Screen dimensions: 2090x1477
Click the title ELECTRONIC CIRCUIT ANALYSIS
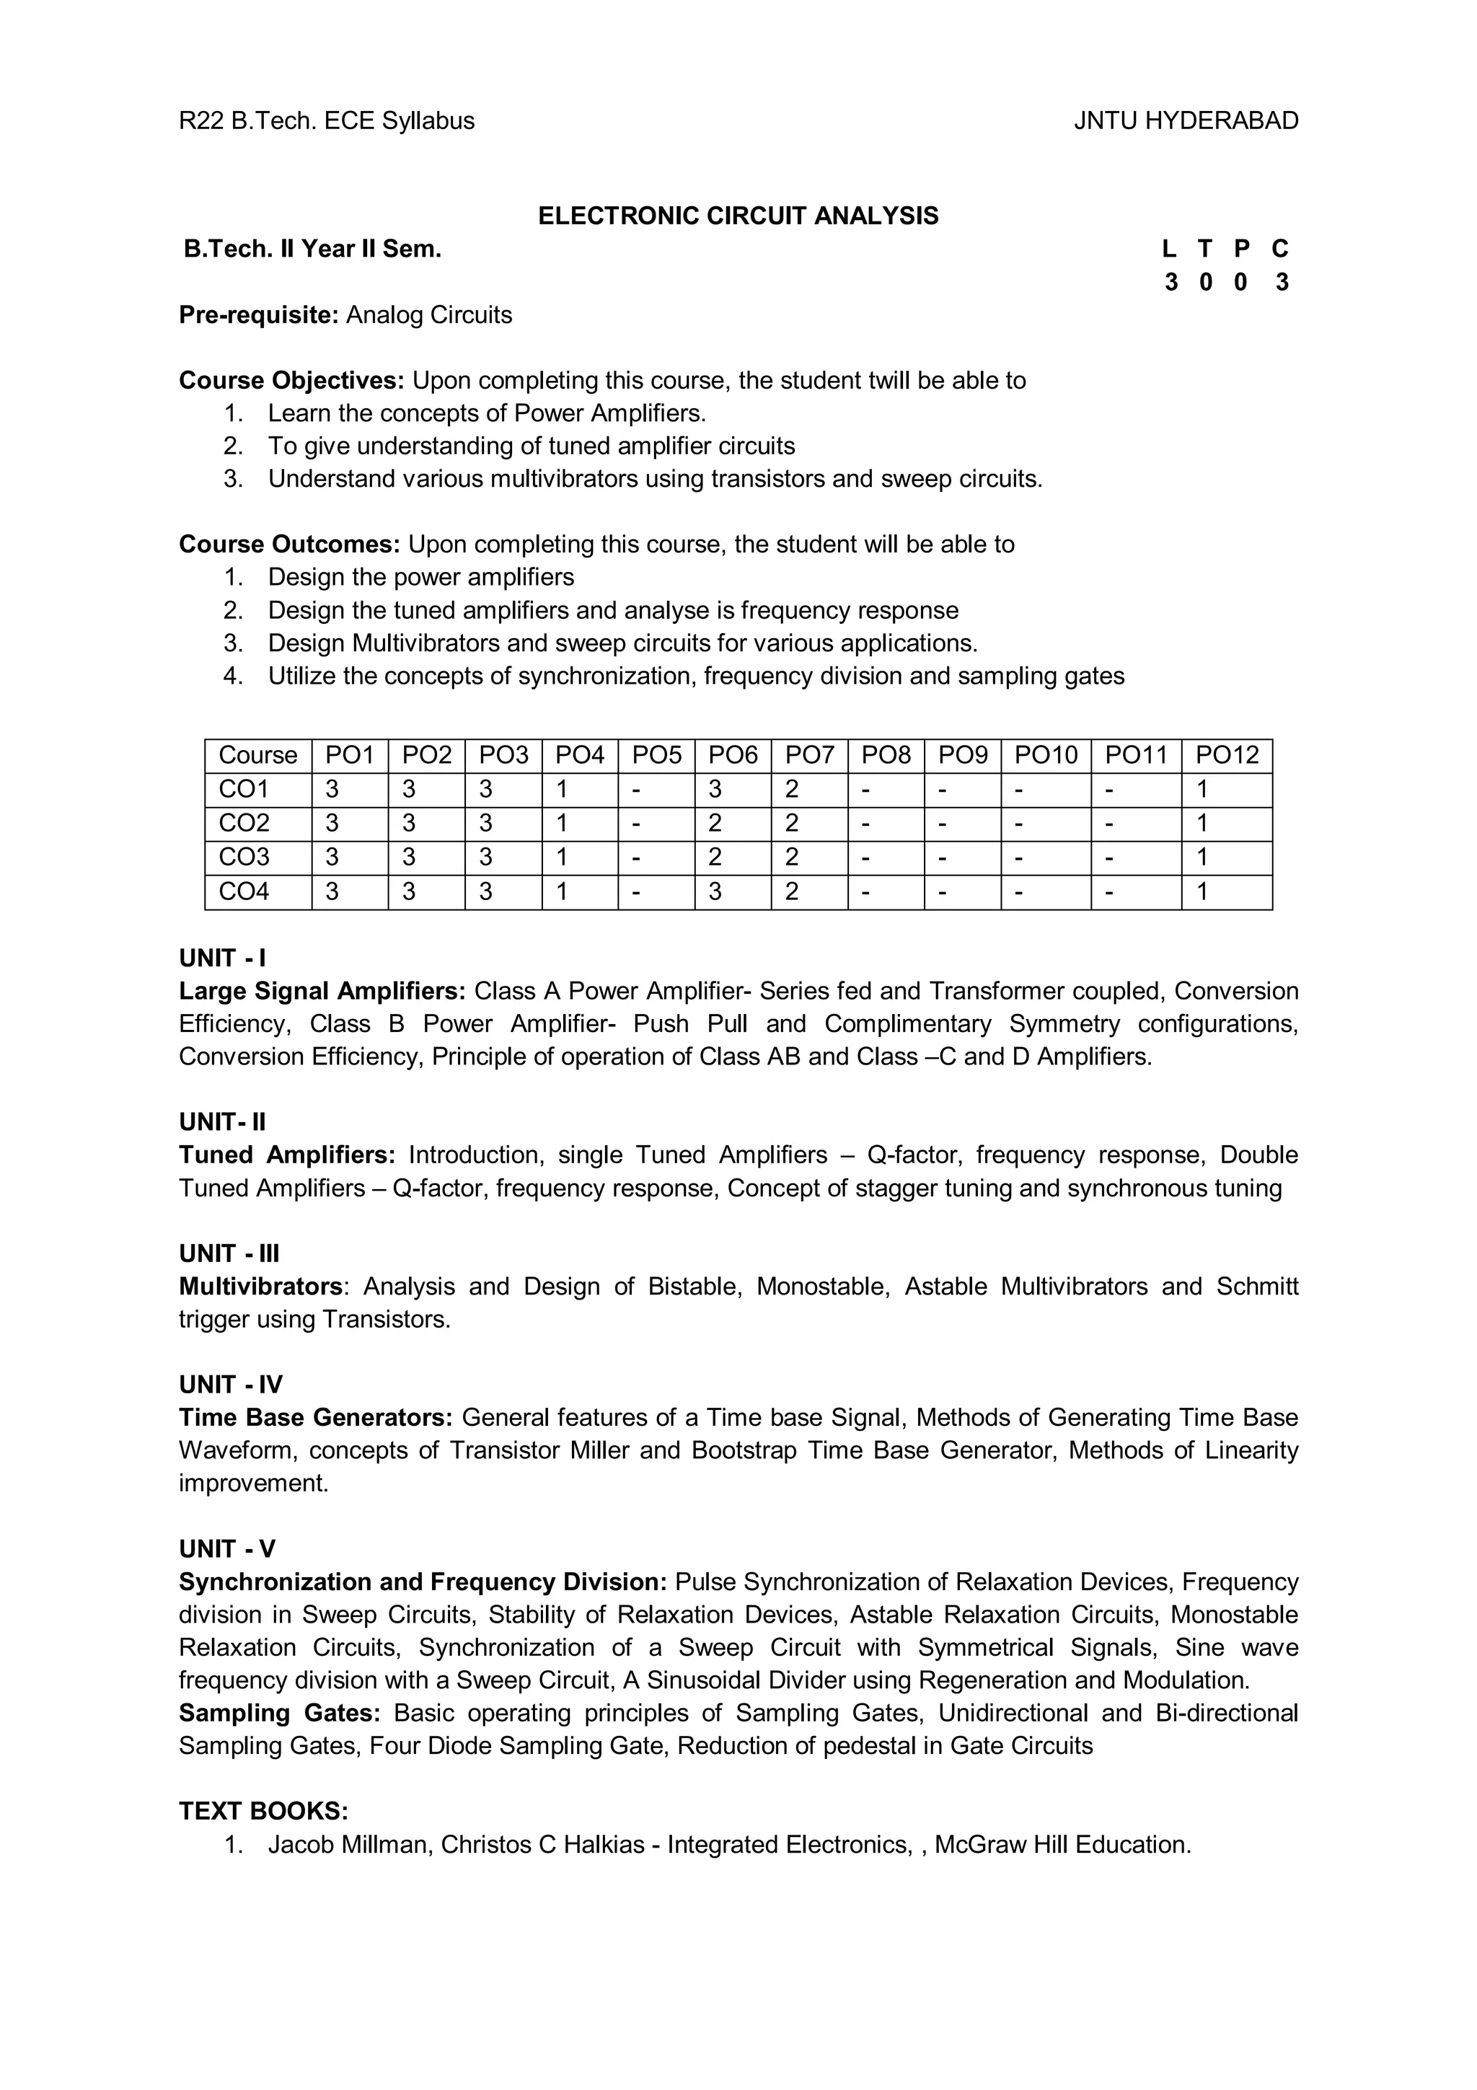point(737,216)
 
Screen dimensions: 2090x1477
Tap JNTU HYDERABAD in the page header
point(1186,121)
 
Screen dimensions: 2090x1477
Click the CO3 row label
point(244,857)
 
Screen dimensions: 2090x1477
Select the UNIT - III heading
point(229,1253)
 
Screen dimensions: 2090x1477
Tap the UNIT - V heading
point(226,1549)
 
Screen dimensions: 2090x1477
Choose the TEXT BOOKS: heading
point(263,1812)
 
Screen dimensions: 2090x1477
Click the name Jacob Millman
point(347,1844)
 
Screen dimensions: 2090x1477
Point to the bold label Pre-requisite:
point(258,315)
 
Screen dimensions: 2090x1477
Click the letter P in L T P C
point(1240,249)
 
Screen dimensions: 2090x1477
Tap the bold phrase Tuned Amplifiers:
point(286,1155)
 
